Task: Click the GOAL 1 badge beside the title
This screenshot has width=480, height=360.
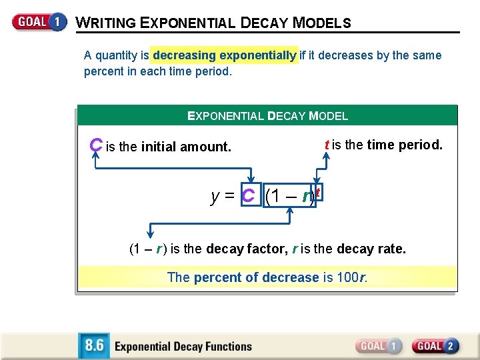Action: tap(39, 21)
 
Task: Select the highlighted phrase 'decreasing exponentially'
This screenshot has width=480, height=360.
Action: tap(225, 55)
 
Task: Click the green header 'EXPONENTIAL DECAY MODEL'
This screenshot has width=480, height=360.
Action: tap(267, 116)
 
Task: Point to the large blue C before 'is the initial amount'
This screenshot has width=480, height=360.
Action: tap(96, 145)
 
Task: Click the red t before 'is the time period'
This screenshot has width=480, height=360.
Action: tap(327, 145)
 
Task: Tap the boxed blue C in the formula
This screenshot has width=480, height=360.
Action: tap(249, 196)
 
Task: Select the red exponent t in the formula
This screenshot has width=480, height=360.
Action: tap(318, 193)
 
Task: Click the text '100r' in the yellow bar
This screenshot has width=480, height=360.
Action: tap(352, 277)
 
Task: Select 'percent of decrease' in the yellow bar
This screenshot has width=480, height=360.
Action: tap(257, 277)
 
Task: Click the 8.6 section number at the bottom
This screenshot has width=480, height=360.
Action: tap(93, 346)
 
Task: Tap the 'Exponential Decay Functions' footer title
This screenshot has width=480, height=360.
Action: tap(183, 347)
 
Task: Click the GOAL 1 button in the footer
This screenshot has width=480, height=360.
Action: tap(379, 346)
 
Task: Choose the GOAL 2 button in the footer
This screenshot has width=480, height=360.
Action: tap(435, 346)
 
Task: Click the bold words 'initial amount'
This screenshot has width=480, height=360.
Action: tap(186, 147)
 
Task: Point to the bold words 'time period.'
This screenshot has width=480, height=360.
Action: tap(405, 145)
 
